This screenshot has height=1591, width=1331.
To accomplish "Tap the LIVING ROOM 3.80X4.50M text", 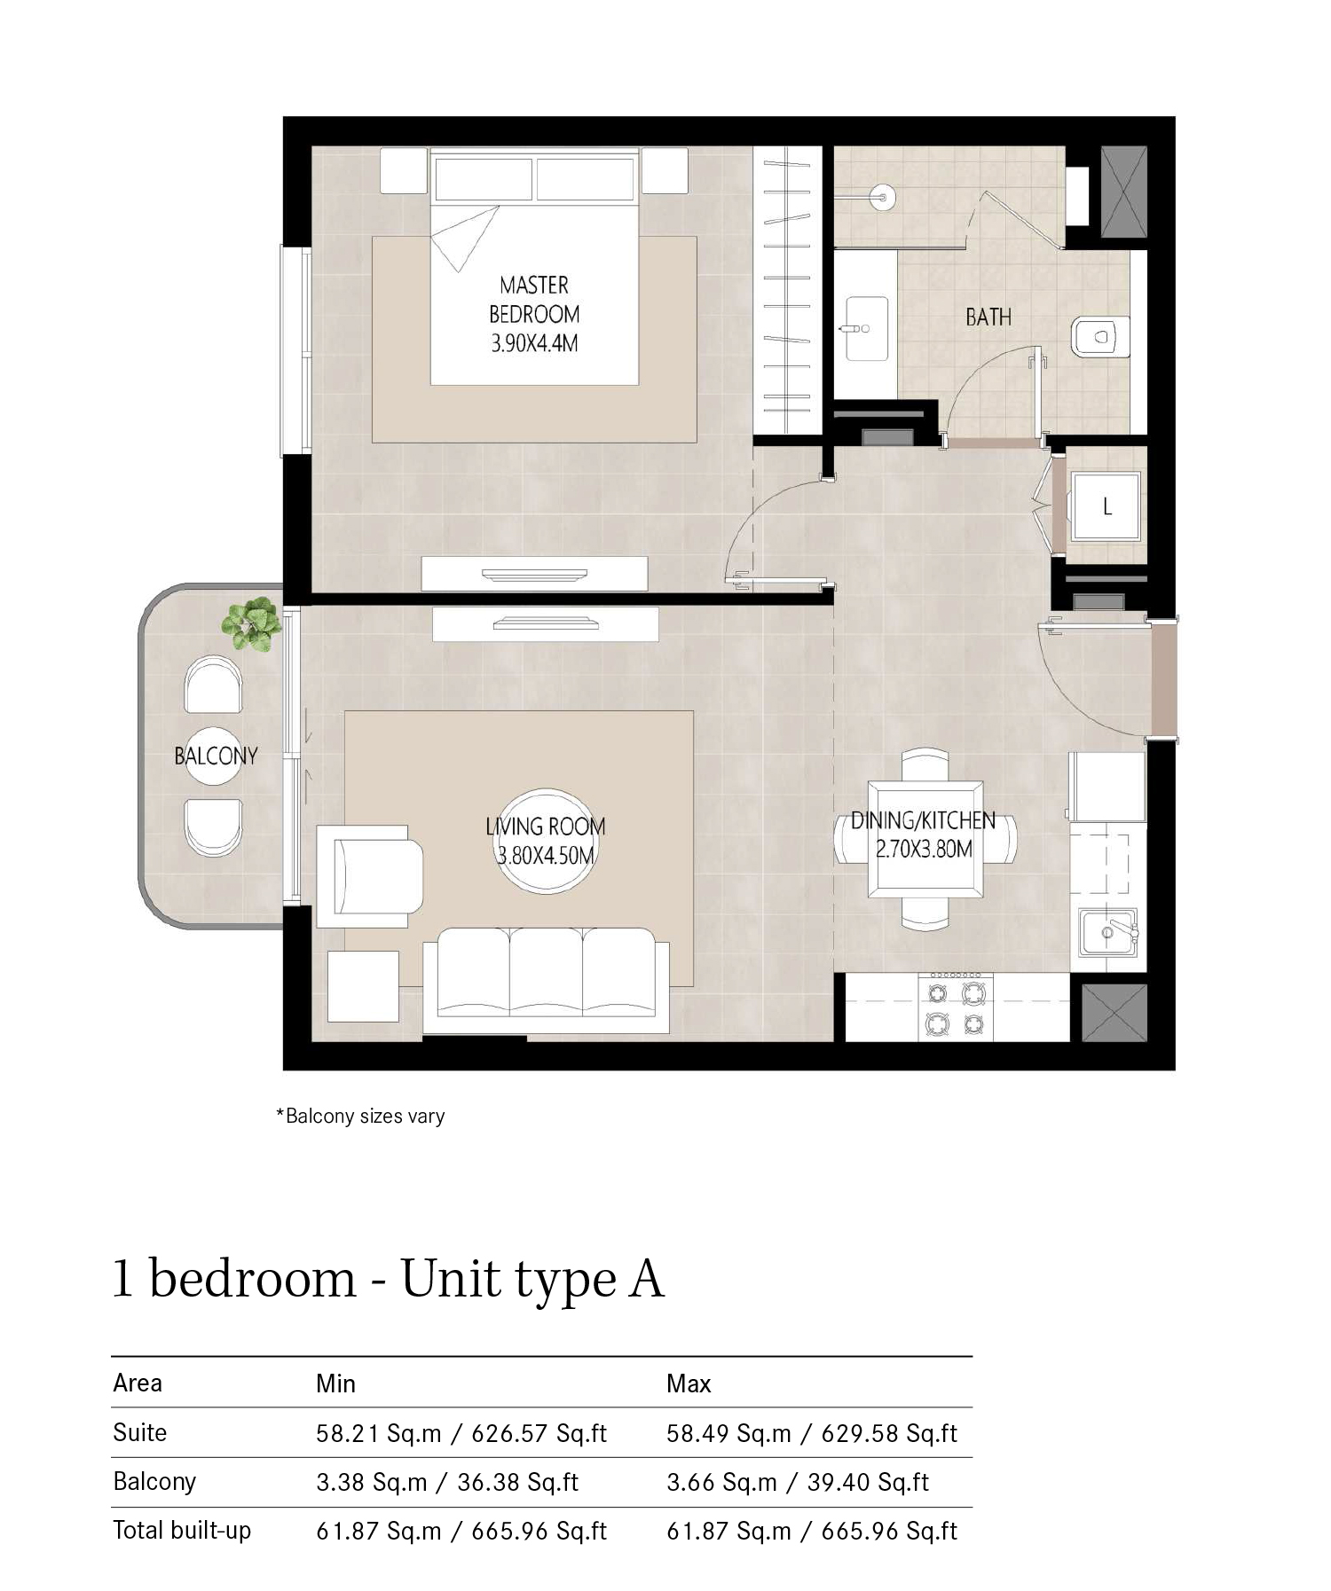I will click(545, 841).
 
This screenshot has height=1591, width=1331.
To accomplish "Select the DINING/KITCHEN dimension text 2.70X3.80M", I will click(924, 850).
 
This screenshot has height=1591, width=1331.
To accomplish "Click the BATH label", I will click(988, 317).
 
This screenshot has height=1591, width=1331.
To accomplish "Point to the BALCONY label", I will click(216, 756).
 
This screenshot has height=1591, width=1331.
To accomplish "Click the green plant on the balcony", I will click(252, 624).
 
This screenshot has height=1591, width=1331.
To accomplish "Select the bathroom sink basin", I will click(866, 328).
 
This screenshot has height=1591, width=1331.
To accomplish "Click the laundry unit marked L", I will click(1106, 506).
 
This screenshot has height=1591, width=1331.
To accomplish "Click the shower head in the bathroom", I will click(880, 195).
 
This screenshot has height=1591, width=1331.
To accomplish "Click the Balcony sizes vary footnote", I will click(360, 1116).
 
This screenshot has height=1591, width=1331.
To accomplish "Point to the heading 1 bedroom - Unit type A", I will click(388, 1279).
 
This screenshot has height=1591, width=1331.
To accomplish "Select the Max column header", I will click(689, 1383).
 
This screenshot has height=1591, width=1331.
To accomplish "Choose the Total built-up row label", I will click(182, 1531).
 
